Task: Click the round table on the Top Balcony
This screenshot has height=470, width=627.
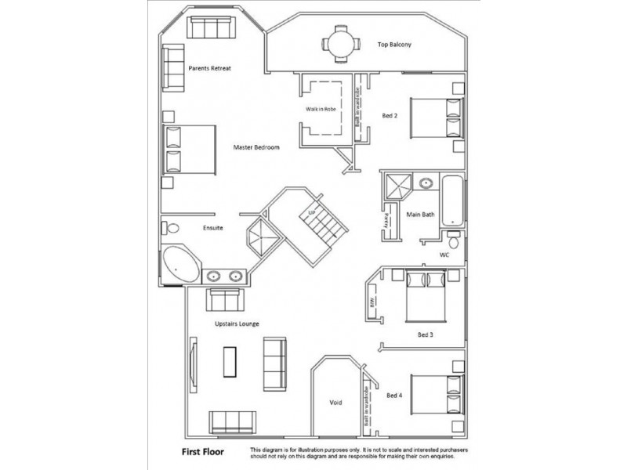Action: (339, 44)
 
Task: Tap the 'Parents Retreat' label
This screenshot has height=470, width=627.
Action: (210, 68)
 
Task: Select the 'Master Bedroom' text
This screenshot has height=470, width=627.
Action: (256, 146)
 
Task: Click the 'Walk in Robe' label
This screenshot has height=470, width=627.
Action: (321, 109)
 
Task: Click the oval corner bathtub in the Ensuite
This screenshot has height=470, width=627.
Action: (181, 266)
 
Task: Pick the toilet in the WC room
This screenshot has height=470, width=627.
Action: (453, 240)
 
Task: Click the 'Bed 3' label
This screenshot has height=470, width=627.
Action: (425, 334)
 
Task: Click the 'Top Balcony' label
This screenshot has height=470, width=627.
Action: (394, 45)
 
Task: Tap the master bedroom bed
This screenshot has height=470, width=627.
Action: (189, 150)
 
